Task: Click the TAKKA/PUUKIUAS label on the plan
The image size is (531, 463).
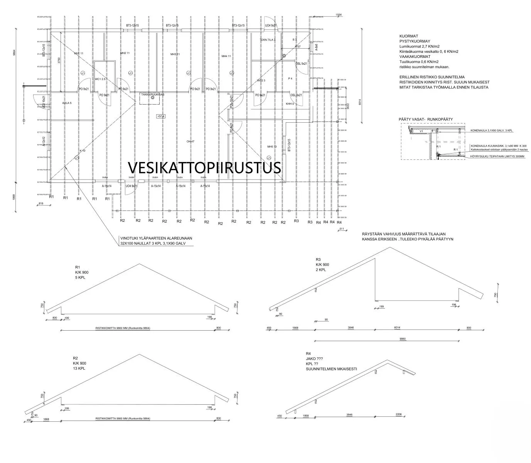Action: tap(152, 94)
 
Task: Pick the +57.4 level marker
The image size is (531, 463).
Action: tap(161, 116)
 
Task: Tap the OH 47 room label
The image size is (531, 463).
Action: tap(190, 142)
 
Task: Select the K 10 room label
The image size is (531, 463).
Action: tap(82, 150)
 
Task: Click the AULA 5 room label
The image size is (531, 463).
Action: tap(67, 103)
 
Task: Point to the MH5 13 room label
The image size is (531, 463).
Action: tap(272, 147)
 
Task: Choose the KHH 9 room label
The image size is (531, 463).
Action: tap(290, 104)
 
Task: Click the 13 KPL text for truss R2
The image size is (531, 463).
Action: tap(79, 368)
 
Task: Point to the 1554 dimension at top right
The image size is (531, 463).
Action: tap(339, 15)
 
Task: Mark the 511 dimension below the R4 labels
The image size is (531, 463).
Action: tap(341, 229)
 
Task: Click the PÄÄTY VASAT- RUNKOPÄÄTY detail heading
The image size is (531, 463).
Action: tap(426, 120)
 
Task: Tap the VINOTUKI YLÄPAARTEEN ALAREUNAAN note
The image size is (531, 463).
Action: tap(156, 238)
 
